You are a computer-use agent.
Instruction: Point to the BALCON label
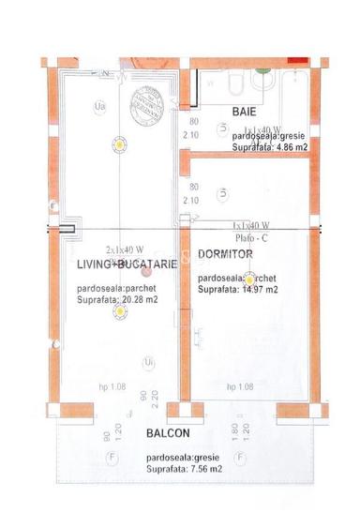point(169,433)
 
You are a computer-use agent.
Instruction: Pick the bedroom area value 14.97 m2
point(238,291)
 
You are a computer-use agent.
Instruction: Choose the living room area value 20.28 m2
point(117,300)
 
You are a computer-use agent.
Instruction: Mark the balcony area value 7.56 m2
point(183,466)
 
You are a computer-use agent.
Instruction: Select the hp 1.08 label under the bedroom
point(241,386)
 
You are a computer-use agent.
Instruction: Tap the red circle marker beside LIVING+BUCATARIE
point(145,273)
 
